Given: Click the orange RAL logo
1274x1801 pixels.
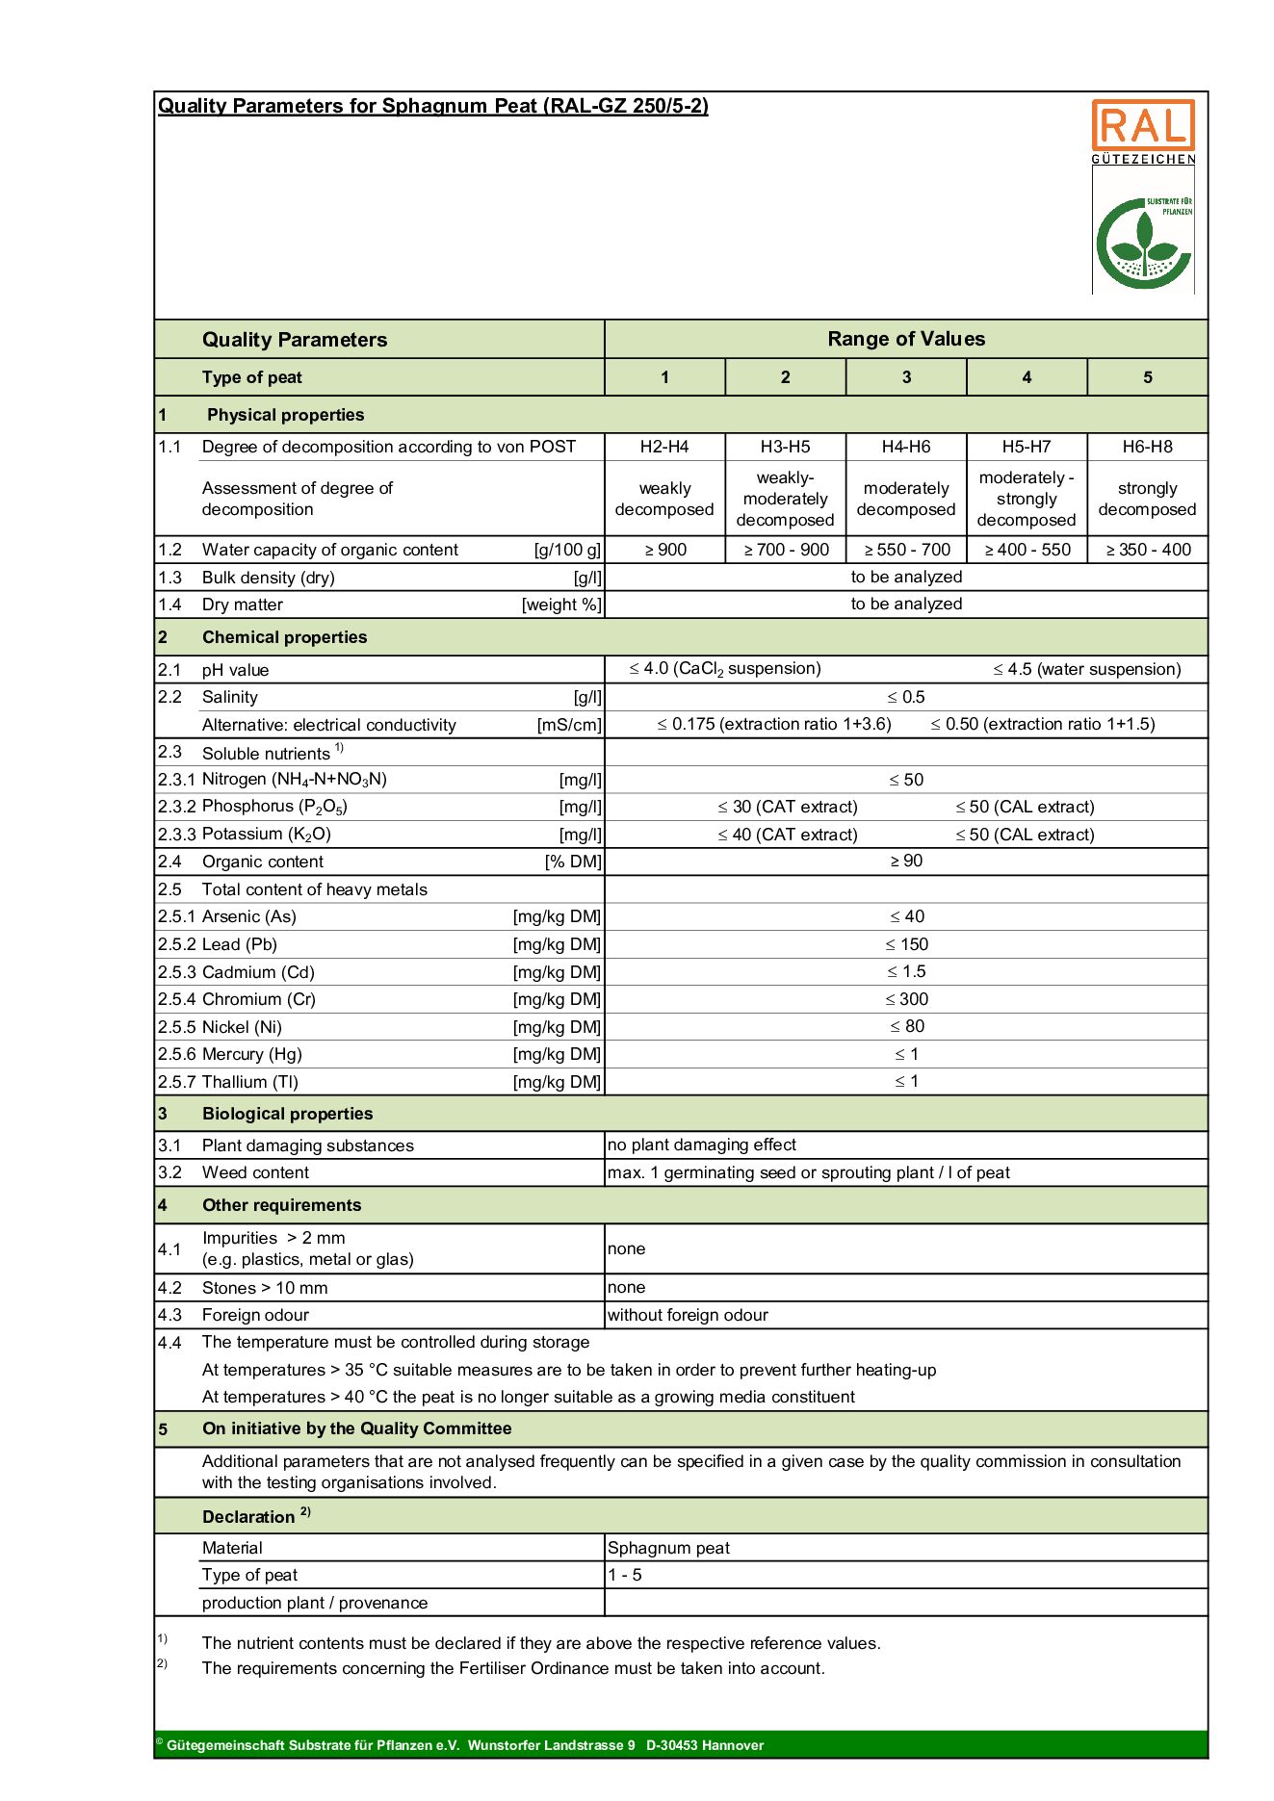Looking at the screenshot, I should coord(1142,126).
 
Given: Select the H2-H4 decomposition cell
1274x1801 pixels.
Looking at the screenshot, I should coord(664,447).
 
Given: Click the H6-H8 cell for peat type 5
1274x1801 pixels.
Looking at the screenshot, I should coord(1147,447).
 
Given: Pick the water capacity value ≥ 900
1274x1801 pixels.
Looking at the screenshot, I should coord(664,550).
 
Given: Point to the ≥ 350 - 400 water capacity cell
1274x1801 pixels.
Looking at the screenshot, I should coord(1148,550).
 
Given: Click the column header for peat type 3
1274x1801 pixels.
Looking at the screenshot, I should coord(906,377).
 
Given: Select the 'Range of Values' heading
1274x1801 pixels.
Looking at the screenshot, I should coord(906,339).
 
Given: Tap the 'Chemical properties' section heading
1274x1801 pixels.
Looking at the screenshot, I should coord(284,637).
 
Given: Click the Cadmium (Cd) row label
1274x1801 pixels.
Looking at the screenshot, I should coord(258,972).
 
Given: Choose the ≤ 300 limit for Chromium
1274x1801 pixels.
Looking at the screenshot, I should coord(906,999).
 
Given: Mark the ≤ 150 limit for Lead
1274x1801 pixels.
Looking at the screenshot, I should coord(906,944).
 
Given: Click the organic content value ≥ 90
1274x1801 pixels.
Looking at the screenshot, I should coord(906,861).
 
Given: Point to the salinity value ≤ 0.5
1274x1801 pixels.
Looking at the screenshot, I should coord(906,697).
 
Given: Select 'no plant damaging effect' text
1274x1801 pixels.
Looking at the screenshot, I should coord(702,1145).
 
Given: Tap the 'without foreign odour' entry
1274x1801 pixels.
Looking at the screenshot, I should coord(688,1315).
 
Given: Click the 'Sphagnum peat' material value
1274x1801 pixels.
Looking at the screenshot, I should coord(668,1548).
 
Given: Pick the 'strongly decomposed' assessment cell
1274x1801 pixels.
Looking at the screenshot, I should coord(1147,499).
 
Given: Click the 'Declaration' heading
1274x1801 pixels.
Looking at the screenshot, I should coord(248,1517).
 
